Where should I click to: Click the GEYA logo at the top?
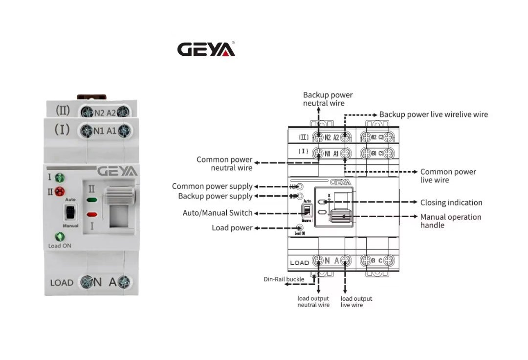coord(206,49)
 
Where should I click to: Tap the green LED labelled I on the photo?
coord(59,178)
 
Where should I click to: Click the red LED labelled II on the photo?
coord(59,191)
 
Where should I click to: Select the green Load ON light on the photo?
coord(60,237)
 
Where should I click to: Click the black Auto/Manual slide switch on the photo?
coord(70,213)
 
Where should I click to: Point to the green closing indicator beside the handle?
coord(92,200)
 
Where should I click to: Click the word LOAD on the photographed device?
coord(62,283)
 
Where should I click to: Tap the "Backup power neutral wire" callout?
coord(327,99)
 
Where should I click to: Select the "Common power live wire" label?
coord(448,176)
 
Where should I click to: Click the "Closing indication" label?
coord(451,202)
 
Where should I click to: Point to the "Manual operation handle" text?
coord(450,221)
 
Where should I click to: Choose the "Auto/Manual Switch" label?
coord(218,213)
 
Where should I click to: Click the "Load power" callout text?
coord(232,228)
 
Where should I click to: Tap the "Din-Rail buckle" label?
coord(283,279)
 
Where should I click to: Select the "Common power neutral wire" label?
coord(224,164)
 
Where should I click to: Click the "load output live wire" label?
coord(356,302)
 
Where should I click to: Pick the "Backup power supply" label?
coord(215,196)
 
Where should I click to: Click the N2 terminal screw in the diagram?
coord(319,137)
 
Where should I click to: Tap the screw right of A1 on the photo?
coord(125,131)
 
